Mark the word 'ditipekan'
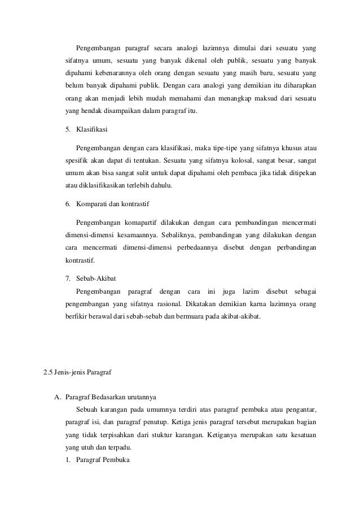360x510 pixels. pyautogui.click(x=302, y=173)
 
